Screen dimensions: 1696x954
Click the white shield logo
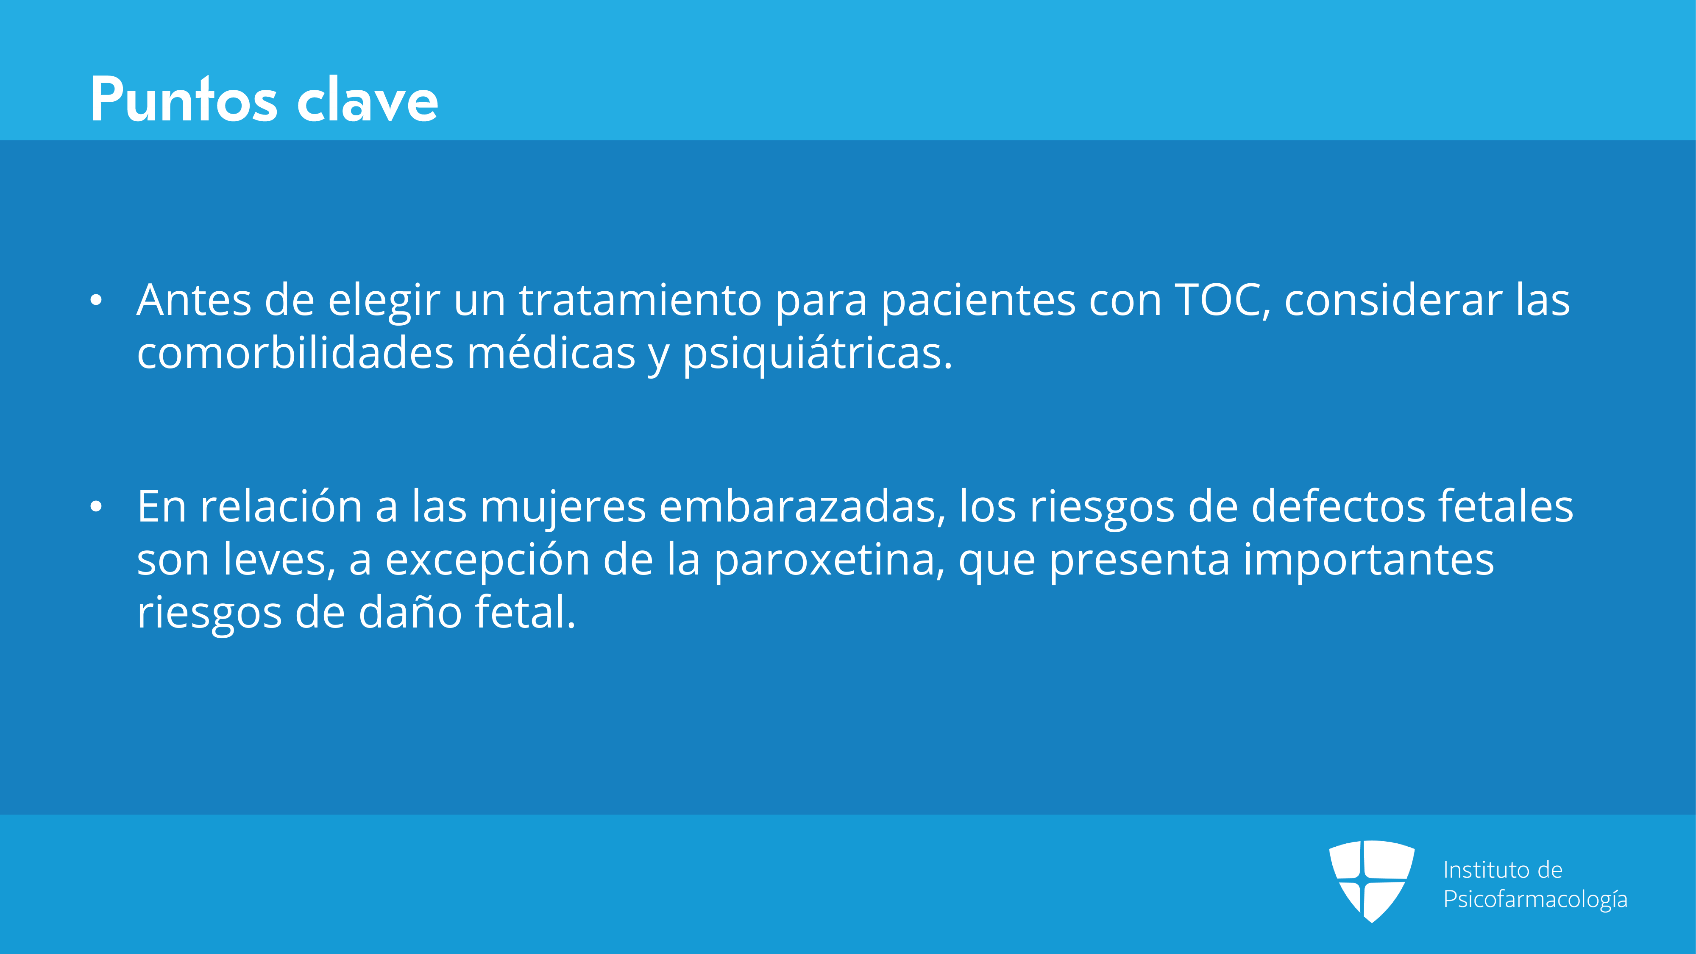point(1371,881)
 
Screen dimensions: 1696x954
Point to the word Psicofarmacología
point(1535,899)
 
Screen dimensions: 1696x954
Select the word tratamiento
point(641,300)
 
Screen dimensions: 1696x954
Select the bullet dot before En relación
point(96,507)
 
